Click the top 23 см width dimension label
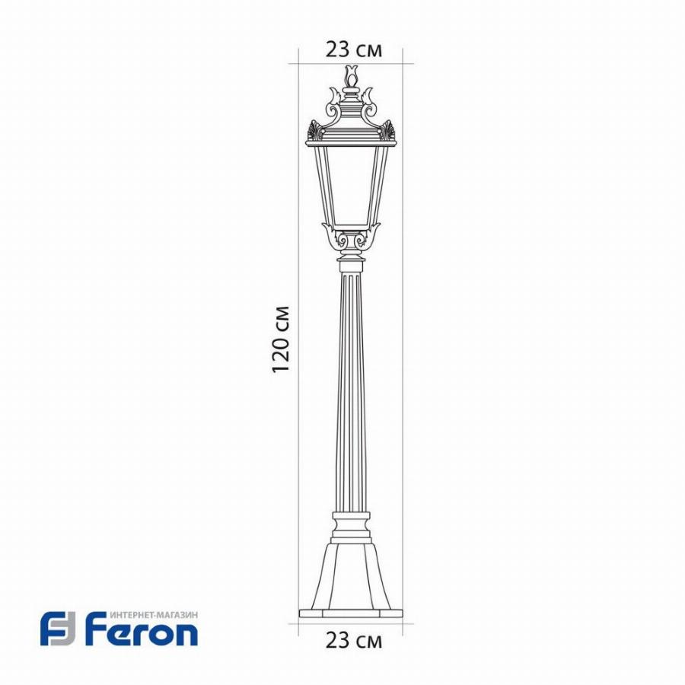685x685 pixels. point(353,49)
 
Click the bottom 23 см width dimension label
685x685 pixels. point(353,641)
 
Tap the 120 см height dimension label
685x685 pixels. point(280,339)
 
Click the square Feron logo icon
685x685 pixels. point(58,629)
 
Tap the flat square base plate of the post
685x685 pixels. point(351,613)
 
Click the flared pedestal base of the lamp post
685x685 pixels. point(351,576)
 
